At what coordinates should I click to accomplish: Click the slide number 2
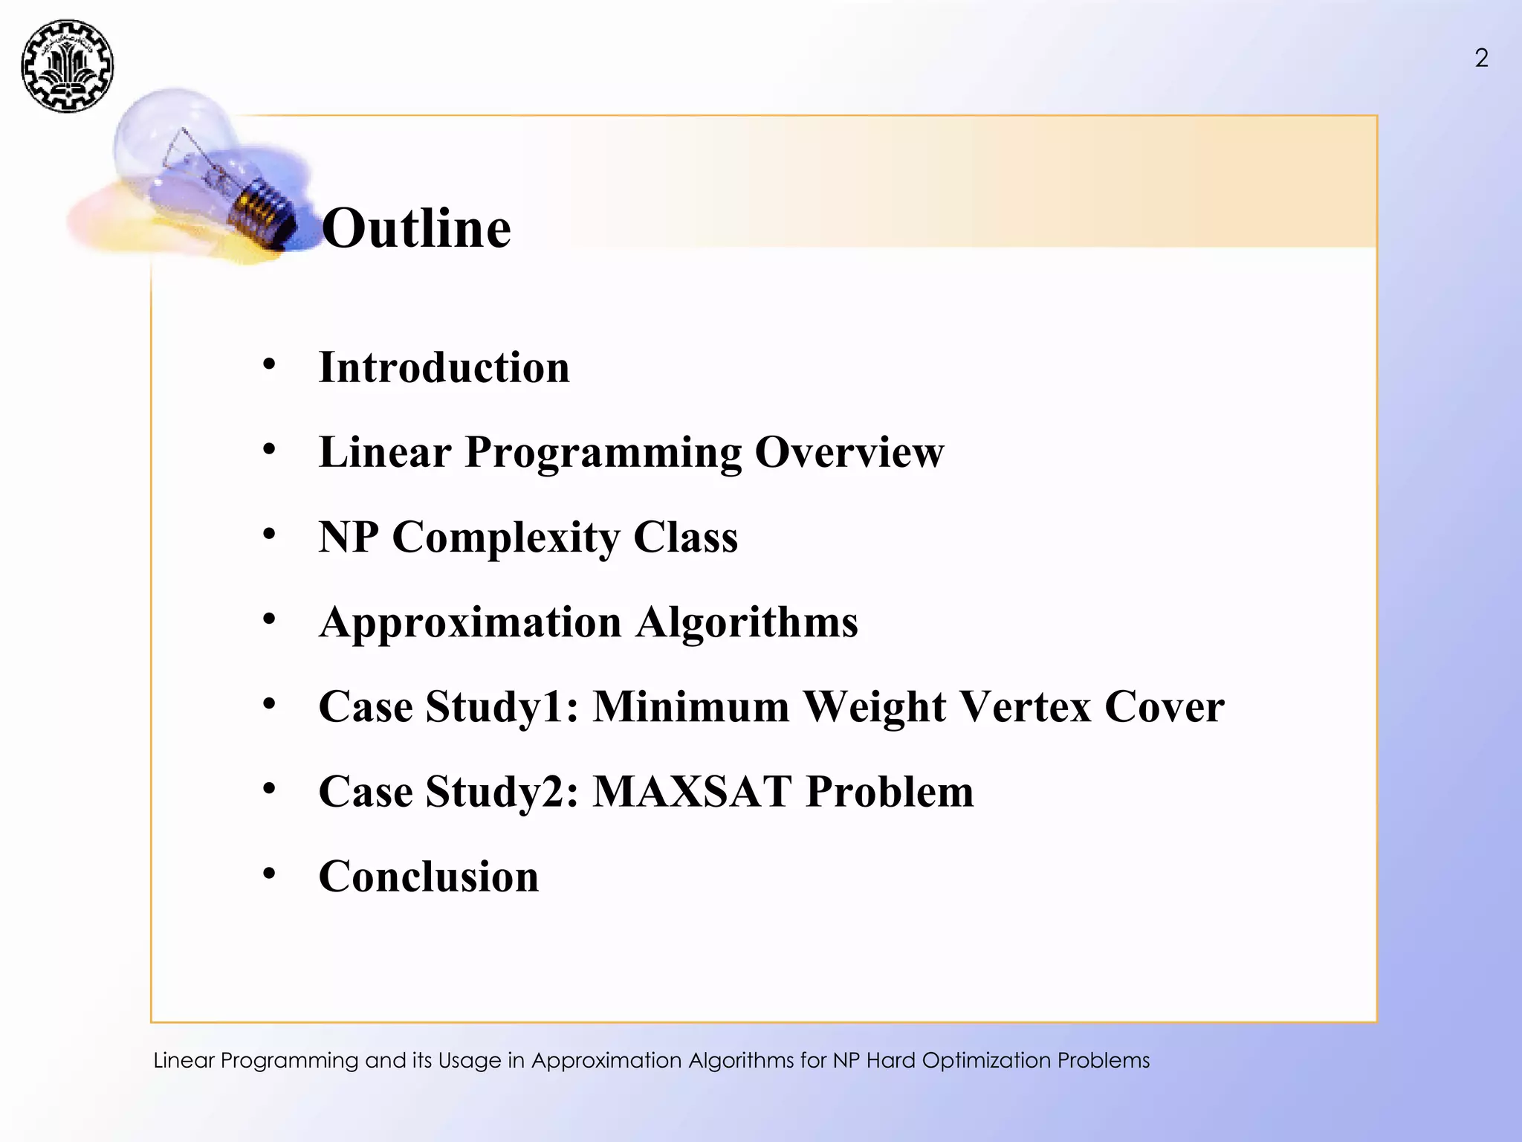[x=1481, y=58]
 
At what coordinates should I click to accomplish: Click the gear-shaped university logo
[x=68, y=66]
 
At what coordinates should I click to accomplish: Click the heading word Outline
[x=416, y=228]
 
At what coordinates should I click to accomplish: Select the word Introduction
[x=444, y=367]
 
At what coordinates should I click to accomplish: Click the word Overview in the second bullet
[x=849, y=452]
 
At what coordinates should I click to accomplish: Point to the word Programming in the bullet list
[x=603, y=454]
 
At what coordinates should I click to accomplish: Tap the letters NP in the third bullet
[x=348, y=537]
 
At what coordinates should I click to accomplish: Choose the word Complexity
[x=505, y=538]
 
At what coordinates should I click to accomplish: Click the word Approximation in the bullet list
[x=470, y=622]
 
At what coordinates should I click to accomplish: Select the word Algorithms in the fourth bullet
[x=746, y=622]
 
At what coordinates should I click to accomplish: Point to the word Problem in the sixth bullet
[x=890, y=791]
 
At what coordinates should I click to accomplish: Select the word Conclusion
[x=429, y=876]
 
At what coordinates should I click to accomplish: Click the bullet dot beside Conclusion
[x=269, y=873]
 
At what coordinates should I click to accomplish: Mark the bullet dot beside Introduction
[x=269, y=364]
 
